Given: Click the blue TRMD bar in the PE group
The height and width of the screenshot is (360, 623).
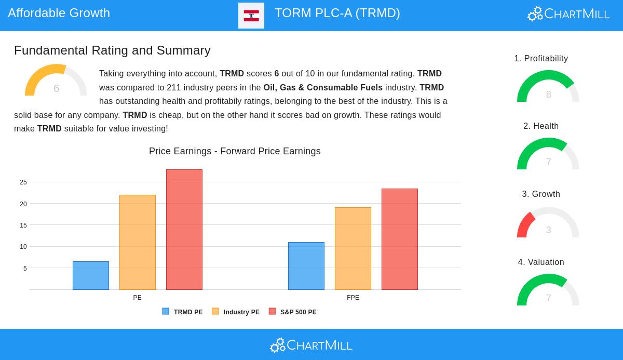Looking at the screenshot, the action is pyautogui.click(x=91, y=275).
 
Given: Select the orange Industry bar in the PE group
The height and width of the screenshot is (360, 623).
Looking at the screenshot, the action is pyautogui.click(x=138, y=242).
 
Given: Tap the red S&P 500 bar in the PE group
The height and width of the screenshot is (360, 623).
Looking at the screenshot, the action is pyautogui.click(x=184, y=230).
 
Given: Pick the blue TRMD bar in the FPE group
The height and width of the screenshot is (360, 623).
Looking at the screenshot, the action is pyautogui.click(x=306, y=266).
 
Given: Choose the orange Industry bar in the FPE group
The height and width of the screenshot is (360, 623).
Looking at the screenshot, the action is pyautogui.click(x=353, y=248).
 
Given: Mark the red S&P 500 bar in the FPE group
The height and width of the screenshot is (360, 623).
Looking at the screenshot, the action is pyautogui.click(x=400, y=239).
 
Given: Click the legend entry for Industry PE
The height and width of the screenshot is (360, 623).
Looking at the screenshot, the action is pyautogui.click(x=236, y=312).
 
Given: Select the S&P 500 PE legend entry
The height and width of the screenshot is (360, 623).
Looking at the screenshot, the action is pyautogui.click(x=293, y=312).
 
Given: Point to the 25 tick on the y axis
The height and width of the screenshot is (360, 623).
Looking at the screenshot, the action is pyautogui.click(x=23, y=182).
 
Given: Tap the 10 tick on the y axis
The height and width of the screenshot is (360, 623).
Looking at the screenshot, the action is pyautogui.click(x=23, y=246).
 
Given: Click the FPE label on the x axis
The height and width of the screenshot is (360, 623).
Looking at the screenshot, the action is pyautogui.click(x=353, y=298).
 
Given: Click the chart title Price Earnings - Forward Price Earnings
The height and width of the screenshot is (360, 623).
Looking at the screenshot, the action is pyautogui.click(x=235, y=151).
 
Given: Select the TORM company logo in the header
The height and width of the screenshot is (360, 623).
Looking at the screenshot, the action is pyautogui.click(x=251, y=16).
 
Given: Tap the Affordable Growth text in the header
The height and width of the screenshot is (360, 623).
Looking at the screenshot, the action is pyautogui.click(x=59, y=13).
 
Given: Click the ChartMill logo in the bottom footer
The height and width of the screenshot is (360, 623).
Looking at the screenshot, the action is pyautogui.click(x=311, y=345).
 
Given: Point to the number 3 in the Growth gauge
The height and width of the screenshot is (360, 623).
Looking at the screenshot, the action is pyautogui.click(x=548, y=230).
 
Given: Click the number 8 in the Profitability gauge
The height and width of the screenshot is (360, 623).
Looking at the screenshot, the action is pyautogui.click(x=548, y=95).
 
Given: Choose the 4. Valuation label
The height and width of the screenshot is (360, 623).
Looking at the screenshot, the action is pyautogui.click(x=541, y=262).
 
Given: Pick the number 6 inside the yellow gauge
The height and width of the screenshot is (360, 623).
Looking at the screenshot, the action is pyautogui.click(x=56, y=88).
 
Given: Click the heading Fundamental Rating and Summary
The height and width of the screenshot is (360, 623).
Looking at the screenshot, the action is pyautogui.click(x=112, y=50).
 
